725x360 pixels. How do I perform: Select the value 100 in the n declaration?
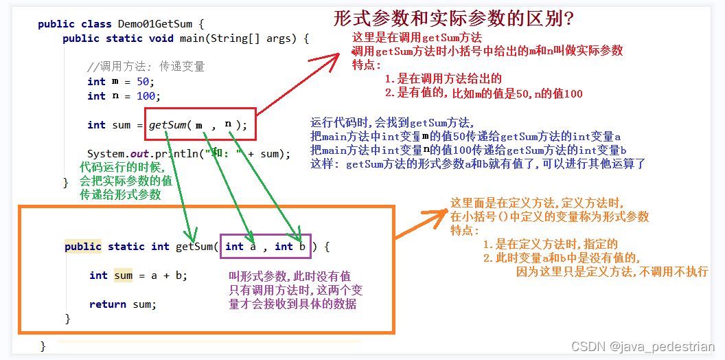(x=146, y=96)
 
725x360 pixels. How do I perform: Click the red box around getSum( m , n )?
(x=200, y=124)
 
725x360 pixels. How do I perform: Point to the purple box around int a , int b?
(x=265, y=246)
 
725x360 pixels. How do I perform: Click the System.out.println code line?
(x=189, y=154)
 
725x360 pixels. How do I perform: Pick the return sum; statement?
(x=123, y=304)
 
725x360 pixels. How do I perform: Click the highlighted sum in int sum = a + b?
(x=124, y=275)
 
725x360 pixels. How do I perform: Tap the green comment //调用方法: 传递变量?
(x=146, y=67)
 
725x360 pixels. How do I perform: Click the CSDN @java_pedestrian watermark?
(x=643, y=348)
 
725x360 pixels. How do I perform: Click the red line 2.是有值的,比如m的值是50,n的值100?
(x=483, y=93)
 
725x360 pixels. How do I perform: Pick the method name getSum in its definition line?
(x=196, y=247)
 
